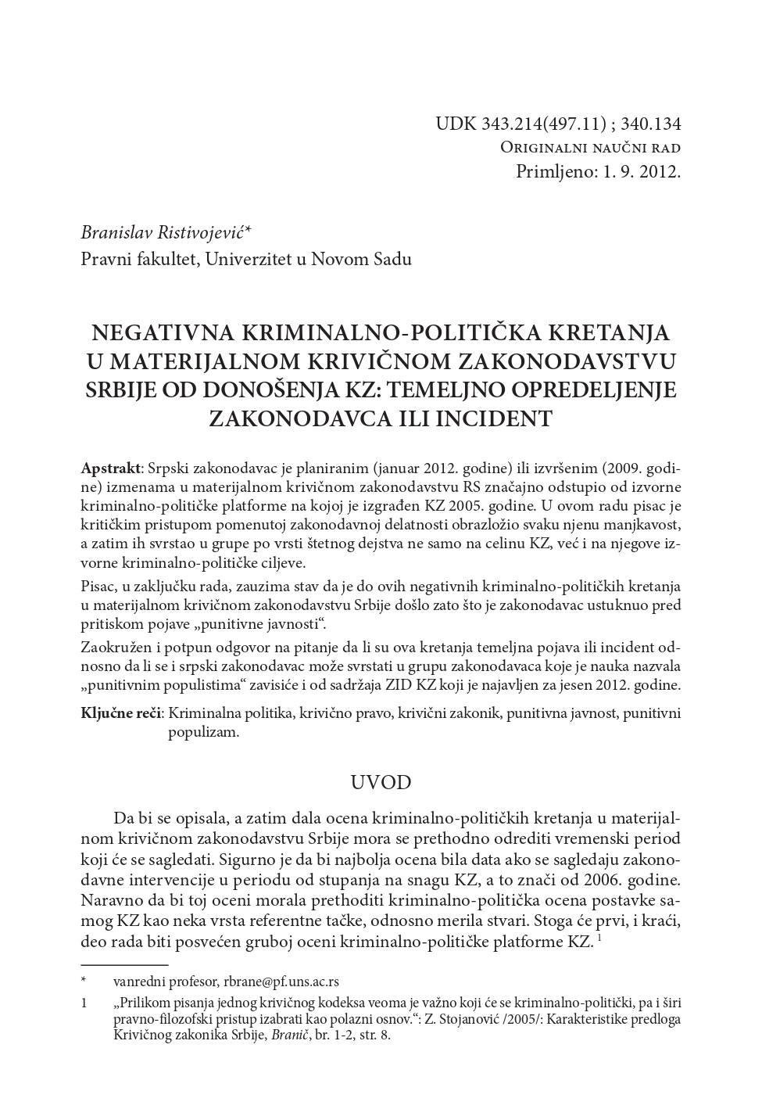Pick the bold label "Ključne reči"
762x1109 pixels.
click(121, 713)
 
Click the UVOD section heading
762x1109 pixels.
click(381, 783)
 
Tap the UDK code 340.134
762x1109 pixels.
click(652, 124)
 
